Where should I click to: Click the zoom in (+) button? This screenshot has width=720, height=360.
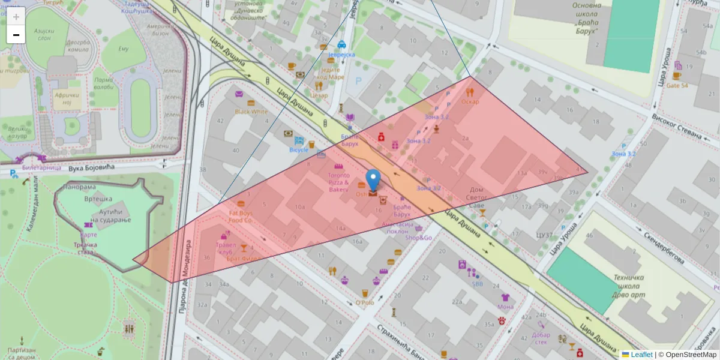[x=16, y=16]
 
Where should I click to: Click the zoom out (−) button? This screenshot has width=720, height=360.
[x=16, y=35]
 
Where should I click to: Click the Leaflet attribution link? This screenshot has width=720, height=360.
[x=641, y=355]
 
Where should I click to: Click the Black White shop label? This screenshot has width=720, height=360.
[x=251, y=111]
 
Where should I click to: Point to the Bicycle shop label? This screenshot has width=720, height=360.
[x=299, y=149]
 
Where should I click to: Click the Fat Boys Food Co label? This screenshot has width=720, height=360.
[x=240, y=217]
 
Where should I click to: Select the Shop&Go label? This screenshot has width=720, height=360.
[x=418, y=238]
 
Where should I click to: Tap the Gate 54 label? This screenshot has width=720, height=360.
[x=677, y=86]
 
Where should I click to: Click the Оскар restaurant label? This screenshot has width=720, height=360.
[x=470, y=101]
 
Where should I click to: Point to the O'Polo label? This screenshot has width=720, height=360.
[x=364, y=302]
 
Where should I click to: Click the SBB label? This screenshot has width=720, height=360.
[x=477, y=284]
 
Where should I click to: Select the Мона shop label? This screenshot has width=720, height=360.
[x=505, y=307]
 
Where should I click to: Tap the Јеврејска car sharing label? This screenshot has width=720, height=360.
[x=341, y=55]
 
